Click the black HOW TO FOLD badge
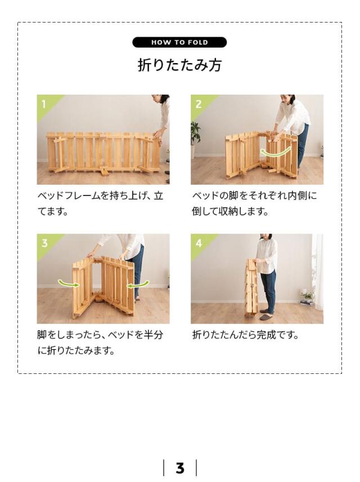(179, 42)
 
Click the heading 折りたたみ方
(179, 65)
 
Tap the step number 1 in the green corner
(43, 104)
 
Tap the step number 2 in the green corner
(198, 104)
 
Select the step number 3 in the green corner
(44, 243)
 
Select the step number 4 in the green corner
(199, 243)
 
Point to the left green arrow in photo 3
(69, 283)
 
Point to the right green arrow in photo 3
(138, 284)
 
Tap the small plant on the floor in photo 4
(307, 296)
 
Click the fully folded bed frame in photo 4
(251, 287)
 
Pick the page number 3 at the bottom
(180, 468)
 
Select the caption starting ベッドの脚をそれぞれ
(254, 204)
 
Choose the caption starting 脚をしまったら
(100, 342)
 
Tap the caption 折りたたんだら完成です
(245, 335)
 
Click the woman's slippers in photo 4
(266, 318)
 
